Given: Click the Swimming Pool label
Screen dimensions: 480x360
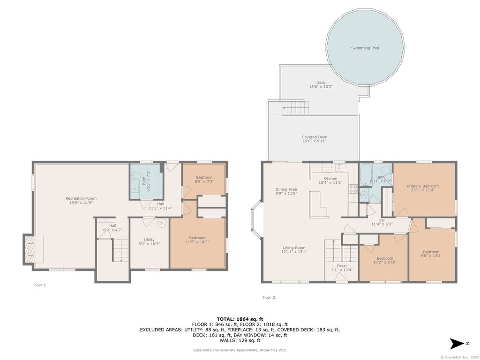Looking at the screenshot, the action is [x=365, y=48].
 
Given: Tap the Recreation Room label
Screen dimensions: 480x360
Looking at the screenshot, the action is [x=81, y=198].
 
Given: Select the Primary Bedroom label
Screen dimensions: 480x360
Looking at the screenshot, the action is [x=423, y=186].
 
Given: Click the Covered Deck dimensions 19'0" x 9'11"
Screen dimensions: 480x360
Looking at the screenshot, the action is [x=315, y=141].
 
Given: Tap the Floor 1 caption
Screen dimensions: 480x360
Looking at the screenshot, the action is [x=39, y=285].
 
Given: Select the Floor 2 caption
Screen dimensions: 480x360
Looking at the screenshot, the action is [x=269, y=297].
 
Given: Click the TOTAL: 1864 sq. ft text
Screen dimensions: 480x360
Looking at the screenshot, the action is [x=240, y=319].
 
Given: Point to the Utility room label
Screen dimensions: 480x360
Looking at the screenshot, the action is [x=150, y=240].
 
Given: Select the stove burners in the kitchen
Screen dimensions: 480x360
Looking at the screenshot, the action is [x=353, y=188].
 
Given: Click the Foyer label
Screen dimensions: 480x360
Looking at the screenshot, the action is [x=342, y=266].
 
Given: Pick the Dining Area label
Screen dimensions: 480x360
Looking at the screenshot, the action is [x=286, y=189].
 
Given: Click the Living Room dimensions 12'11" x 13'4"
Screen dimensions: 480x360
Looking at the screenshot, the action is [x=294, y=252].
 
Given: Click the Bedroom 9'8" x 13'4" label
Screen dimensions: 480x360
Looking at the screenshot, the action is [x=431, y=254].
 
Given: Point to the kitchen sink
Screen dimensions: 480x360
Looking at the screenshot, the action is [x=338, y=168].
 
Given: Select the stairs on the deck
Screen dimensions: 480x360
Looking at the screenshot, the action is [x=296, y=107].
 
